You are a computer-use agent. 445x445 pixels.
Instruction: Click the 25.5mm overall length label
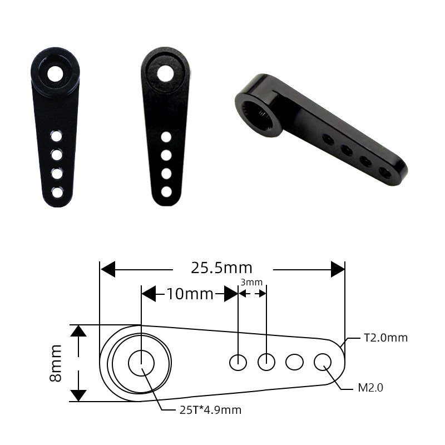221,269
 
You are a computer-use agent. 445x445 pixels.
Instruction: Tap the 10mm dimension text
190,294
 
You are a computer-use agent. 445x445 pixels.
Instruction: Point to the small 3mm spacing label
251,283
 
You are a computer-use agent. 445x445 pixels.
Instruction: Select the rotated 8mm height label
56,363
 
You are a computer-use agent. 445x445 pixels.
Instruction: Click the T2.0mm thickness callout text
386,338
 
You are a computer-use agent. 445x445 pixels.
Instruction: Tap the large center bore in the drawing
141,363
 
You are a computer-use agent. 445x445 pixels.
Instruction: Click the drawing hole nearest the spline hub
238,362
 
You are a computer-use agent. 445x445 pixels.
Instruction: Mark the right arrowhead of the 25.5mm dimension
338,269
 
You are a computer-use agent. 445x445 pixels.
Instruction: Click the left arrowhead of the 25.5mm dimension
107,269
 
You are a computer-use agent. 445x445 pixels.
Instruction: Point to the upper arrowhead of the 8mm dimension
79,332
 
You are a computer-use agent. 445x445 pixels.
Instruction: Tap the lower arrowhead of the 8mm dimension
79,394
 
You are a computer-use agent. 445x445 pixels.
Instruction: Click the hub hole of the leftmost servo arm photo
56,73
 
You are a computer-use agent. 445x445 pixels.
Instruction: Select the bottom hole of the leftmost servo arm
57,192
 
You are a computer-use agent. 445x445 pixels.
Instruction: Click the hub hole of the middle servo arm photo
165,73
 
